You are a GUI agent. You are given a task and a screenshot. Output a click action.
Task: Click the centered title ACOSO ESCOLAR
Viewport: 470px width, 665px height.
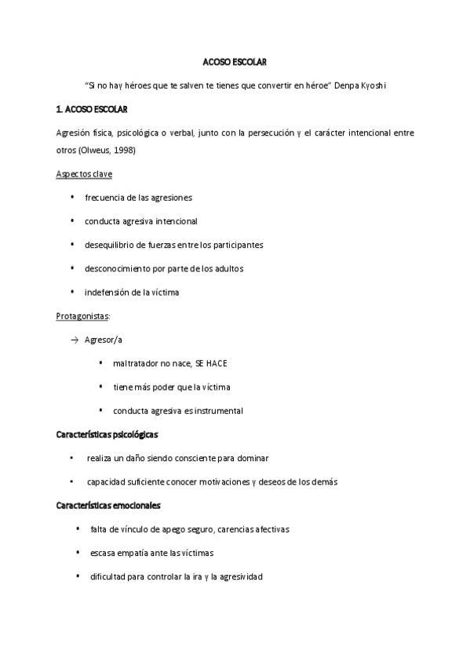click(235, 62)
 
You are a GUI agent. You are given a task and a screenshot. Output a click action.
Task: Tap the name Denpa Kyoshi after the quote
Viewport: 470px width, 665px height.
click(363, 85)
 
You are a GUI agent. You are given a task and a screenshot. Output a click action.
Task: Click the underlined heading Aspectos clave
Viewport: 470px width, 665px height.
click(84, 173)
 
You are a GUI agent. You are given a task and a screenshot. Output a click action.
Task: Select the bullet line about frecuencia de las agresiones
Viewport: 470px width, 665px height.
click(138, 198)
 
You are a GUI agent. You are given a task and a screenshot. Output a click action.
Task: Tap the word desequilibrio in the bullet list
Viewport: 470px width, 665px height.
click(110, 245)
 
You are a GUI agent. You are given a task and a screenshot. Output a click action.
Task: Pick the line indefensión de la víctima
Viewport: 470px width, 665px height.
click(132, 293)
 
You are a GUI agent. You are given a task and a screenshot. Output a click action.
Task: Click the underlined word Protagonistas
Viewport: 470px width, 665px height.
click(82, 316)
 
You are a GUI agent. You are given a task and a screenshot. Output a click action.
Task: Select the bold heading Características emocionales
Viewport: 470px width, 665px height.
click(108, 505)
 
